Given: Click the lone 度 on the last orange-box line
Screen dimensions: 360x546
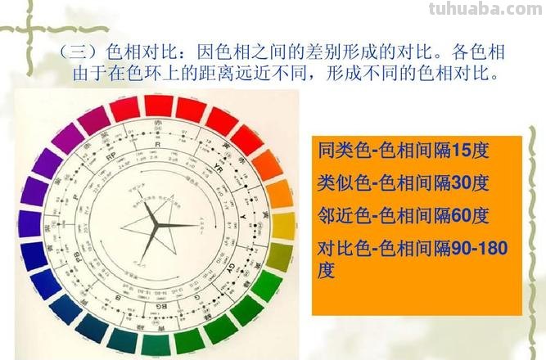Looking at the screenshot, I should coord(326,271).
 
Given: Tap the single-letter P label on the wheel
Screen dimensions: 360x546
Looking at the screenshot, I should coord(75,197).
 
